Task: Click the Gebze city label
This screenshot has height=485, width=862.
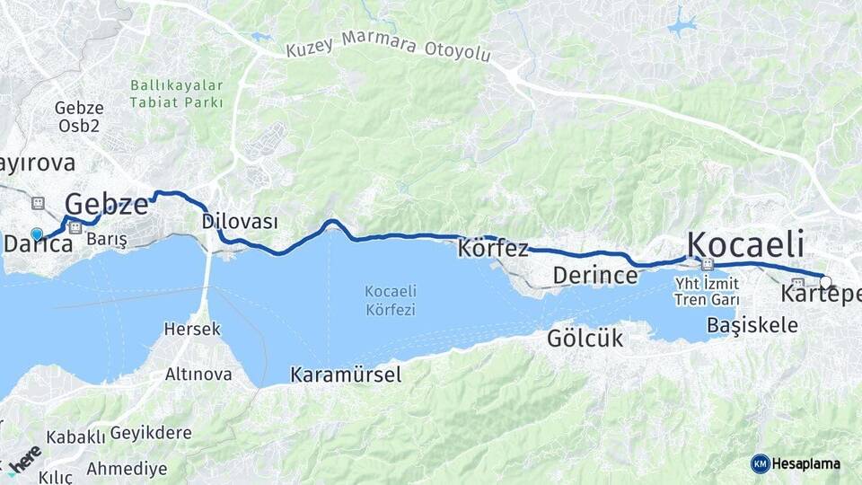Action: point(106,204)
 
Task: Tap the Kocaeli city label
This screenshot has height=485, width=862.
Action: point(744,244)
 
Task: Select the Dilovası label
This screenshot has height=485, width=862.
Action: point(240,221)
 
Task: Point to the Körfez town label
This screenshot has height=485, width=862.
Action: point(493,249)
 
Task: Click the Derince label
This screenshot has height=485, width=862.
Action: point(594,275)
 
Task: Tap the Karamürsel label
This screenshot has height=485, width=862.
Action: point(346,375)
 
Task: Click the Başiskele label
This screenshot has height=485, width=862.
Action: point(752,324)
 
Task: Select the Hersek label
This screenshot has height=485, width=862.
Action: point(191,329)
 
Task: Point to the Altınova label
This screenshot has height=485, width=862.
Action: point(198,375)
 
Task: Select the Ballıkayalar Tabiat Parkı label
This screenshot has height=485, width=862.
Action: point(176,93)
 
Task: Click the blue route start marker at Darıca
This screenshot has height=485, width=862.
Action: point(37,234)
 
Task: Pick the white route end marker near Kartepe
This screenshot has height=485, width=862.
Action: point(825,282)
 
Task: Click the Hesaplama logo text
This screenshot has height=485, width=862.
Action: point(805,463)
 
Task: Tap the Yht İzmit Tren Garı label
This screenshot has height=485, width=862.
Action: point(707,291)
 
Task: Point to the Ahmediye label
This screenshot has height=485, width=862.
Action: point(127,469)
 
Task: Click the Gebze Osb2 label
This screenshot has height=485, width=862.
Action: point(78,116)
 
